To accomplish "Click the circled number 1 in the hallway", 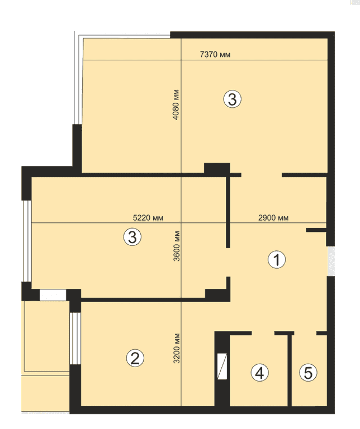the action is pyautogui.click(x=276, y=259).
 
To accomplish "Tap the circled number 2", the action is pyautogui.click(x=135, y=358).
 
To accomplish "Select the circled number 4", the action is pyautogui.click(x=260, y=372).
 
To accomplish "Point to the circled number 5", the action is pyautogui.click(x=308, y=372).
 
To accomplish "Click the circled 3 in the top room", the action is pyautogui.click(x=232, y=99).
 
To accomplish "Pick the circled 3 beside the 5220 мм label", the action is pyautogui.click(x=132, y=237).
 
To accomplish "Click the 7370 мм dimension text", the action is pyautogui.click(x=215, y=54).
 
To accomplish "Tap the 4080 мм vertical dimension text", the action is pyautogui.click(x=176, y=104).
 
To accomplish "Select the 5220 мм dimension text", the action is pyautogui.click(x=148, y=218).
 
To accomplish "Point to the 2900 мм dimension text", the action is pyautogui.click(x=273, y=218).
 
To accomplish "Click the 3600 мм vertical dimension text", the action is pyautogui.click(x=177, y=246).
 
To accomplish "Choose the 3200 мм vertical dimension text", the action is pyautogui.click(x=177, y=348).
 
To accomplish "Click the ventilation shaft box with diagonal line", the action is pyautogui.click(x=222, y=366).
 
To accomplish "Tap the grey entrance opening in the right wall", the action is pyautogui.click(x=331, y=261).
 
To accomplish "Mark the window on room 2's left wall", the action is pyautogui.click(x=75, y=338).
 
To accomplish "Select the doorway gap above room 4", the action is pyautogui.click(x=263, y=333).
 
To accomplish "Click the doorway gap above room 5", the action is pyautogui.click(x=305, y=333).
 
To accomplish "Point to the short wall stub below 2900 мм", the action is pyautogui.click(x=316, y=230).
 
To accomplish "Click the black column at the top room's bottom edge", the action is pyautogui.click(x=217, y=169).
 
